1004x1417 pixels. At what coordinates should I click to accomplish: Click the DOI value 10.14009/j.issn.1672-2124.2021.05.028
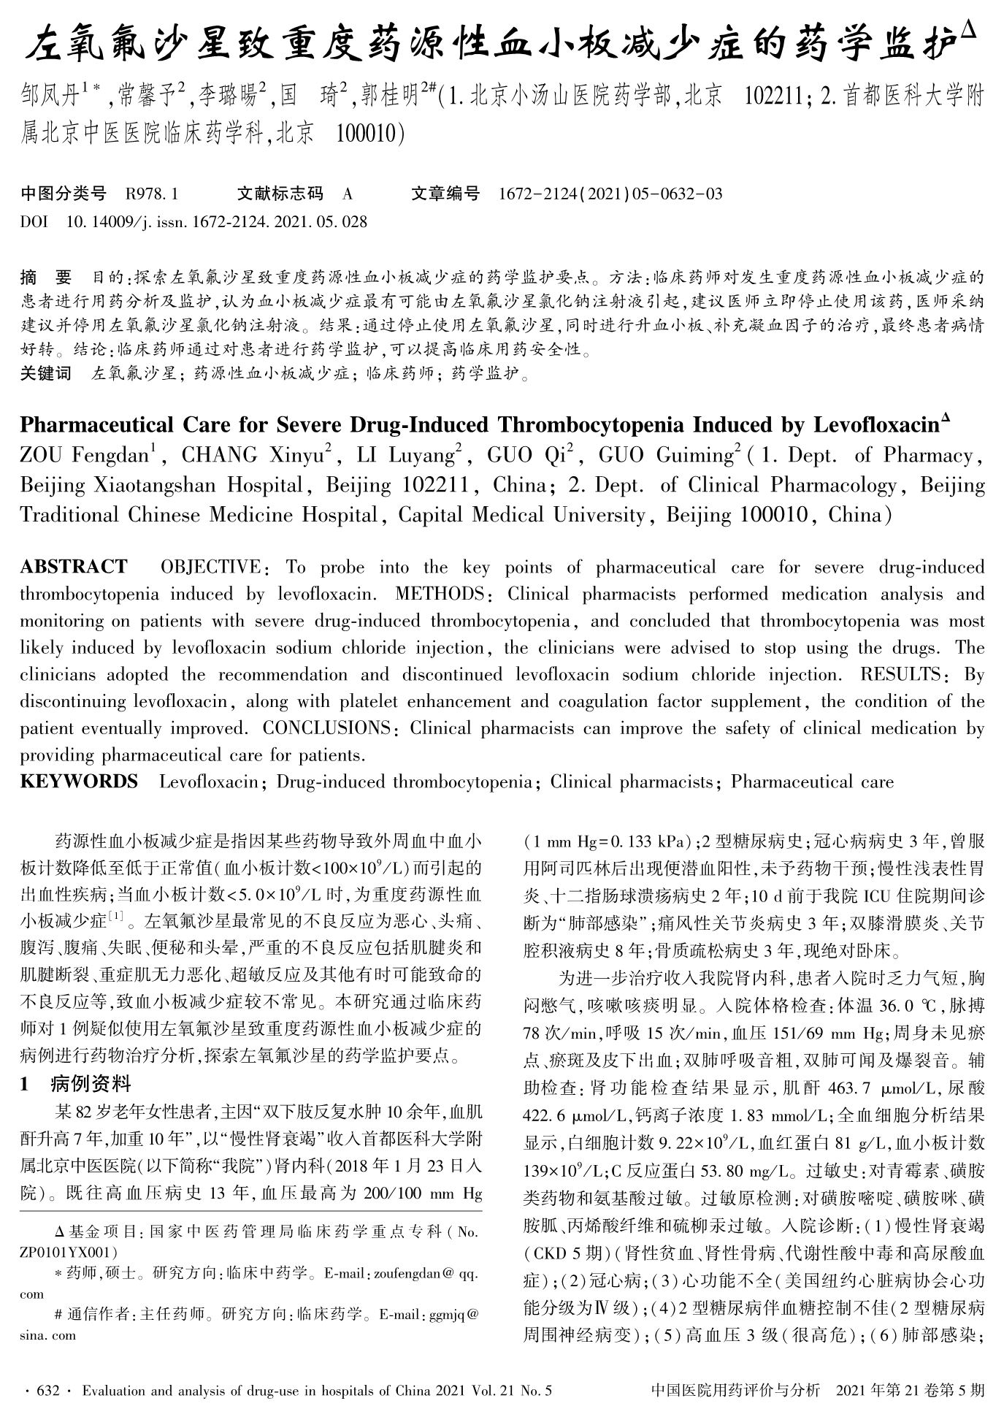point(217,221)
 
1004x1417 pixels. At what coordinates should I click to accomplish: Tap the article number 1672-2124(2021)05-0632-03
point(610,194)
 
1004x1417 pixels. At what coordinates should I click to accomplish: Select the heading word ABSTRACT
point(74,568)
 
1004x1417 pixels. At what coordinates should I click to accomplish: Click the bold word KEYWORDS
point(79,782)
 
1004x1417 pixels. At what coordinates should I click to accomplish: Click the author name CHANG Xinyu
point(250,456)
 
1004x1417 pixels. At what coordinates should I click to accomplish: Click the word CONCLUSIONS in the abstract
point(326,729)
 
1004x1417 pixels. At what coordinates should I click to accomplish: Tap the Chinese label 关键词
point(45,375)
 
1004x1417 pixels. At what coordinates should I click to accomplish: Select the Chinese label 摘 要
point(46,278)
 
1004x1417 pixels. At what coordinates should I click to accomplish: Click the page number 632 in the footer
point(47,1391)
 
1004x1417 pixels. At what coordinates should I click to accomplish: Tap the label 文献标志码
point(280,194)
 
